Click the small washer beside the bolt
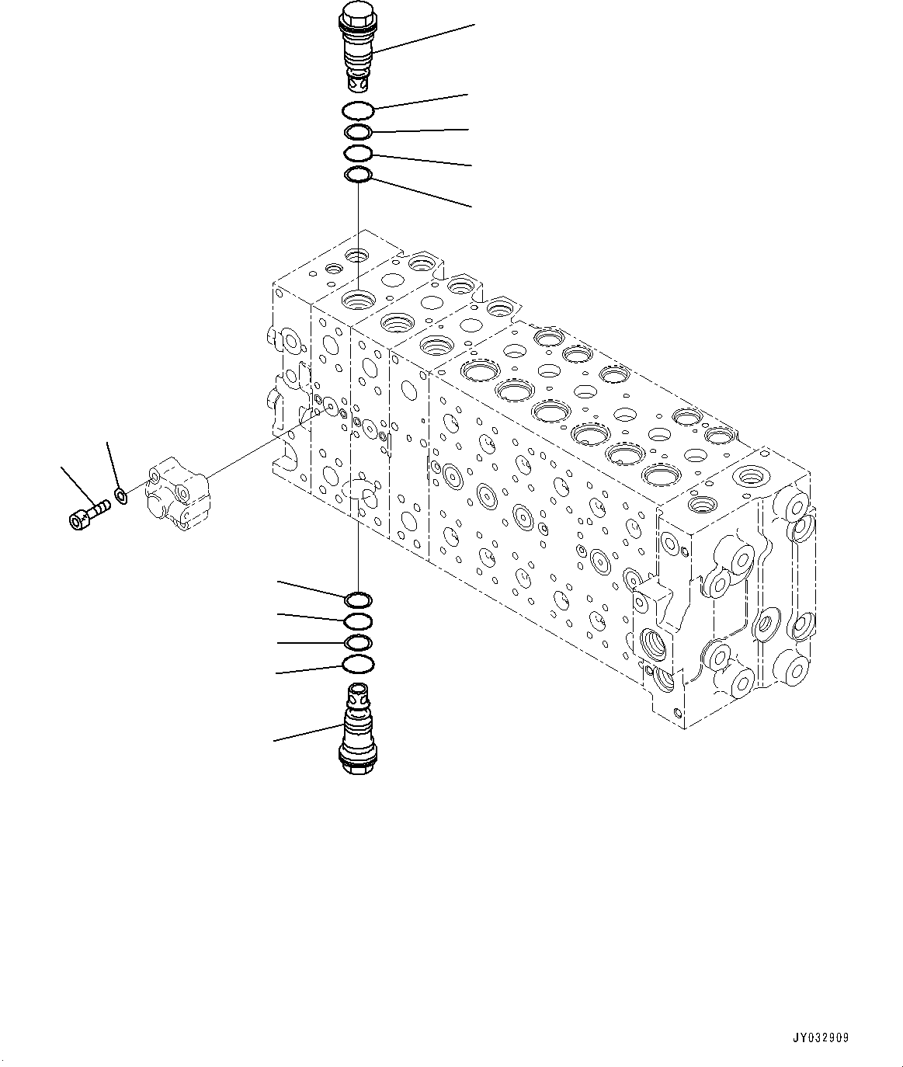(121, 495)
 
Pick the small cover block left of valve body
(178, 497)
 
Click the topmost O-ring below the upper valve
(359, 109)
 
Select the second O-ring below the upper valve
(359, 133)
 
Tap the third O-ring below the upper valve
(359, 153)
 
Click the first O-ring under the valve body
(358, 600)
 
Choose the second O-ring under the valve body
(358, 620)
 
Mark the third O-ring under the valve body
(358, 642)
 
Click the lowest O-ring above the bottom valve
(358, 664)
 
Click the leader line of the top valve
(423, 38)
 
